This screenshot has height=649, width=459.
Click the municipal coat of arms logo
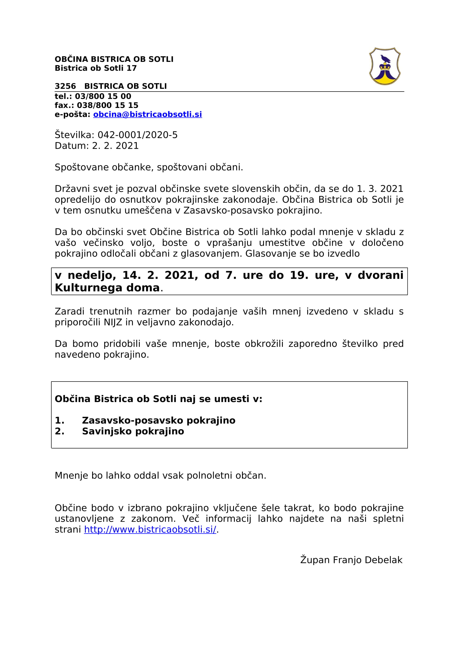(385, 66)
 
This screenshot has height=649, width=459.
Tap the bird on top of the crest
(385, 59)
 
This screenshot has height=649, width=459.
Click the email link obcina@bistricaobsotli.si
(147, 115)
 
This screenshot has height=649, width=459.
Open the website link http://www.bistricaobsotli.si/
(150, 529)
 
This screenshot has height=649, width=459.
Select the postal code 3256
(65, 86)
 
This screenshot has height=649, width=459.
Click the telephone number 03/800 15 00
(103, 96)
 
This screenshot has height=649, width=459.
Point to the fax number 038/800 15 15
(107, 105)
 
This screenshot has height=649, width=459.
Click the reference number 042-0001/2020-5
(137, 135)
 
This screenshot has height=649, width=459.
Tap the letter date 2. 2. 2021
(115, 146)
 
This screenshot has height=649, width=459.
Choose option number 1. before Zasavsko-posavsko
(60, 421)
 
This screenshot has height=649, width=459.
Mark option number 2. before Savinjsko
(60, 431)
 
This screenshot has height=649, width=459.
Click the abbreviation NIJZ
(113, 322)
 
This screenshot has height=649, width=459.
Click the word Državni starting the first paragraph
(72, 189)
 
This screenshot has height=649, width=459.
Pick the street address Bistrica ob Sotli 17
(95, 68)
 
